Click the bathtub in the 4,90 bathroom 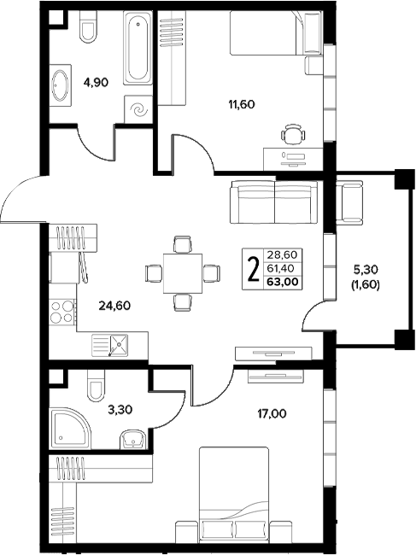[138, 48]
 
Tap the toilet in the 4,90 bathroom [88, 26]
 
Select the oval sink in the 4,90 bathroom [60, 85]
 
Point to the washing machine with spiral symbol [138, 109]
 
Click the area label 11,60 [242, 104]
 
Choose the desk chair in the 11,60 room [293, 134]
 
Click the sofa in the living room [273, 202]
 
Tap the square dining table [182, 273]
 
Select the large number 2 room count [253, 269]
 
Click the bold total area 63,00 [283, 282]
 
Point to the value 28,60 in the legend [282, 254]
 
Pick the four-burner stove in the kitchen [63, 312]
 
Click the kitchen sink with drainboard [109, 345]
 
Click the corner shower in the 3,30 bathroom [70, 429]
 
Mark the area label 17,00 [272, 413]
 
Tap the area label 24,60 [114, 306]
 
